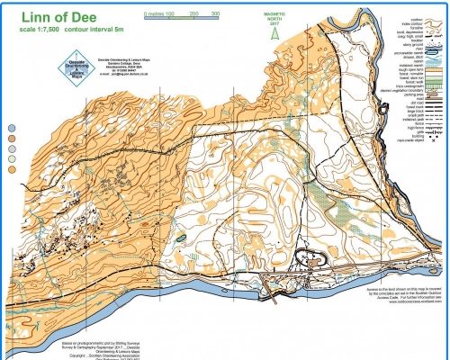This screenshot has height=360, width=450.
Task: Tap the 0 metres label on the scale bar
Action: point(163,15)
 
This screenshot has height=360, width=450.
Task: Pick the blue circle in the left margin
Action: point(13,129)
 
